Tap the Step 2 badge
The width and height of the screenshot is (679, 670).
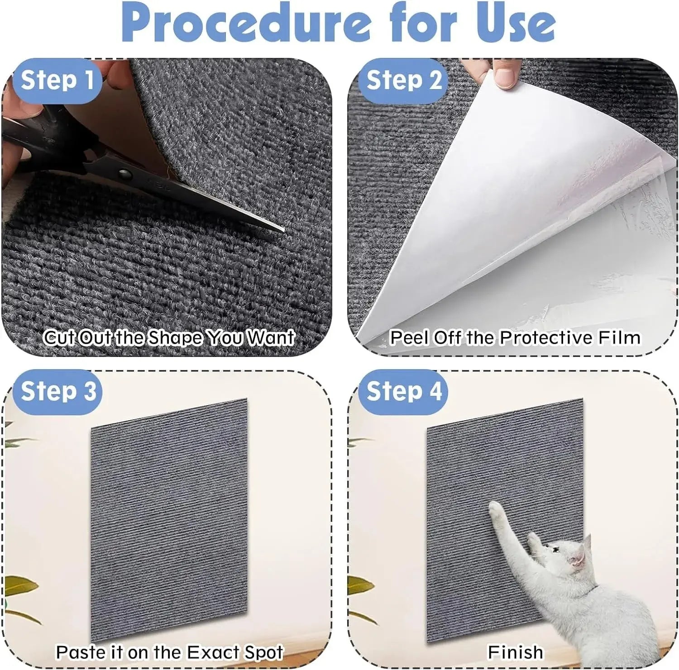click(404, 81)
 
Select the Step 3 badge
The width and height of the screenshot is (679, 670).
click(58, 391)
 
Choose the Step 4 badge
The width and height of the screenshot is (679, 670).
click(404, 391)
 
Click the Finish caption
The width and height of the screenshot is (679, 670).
click(515, 652)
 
